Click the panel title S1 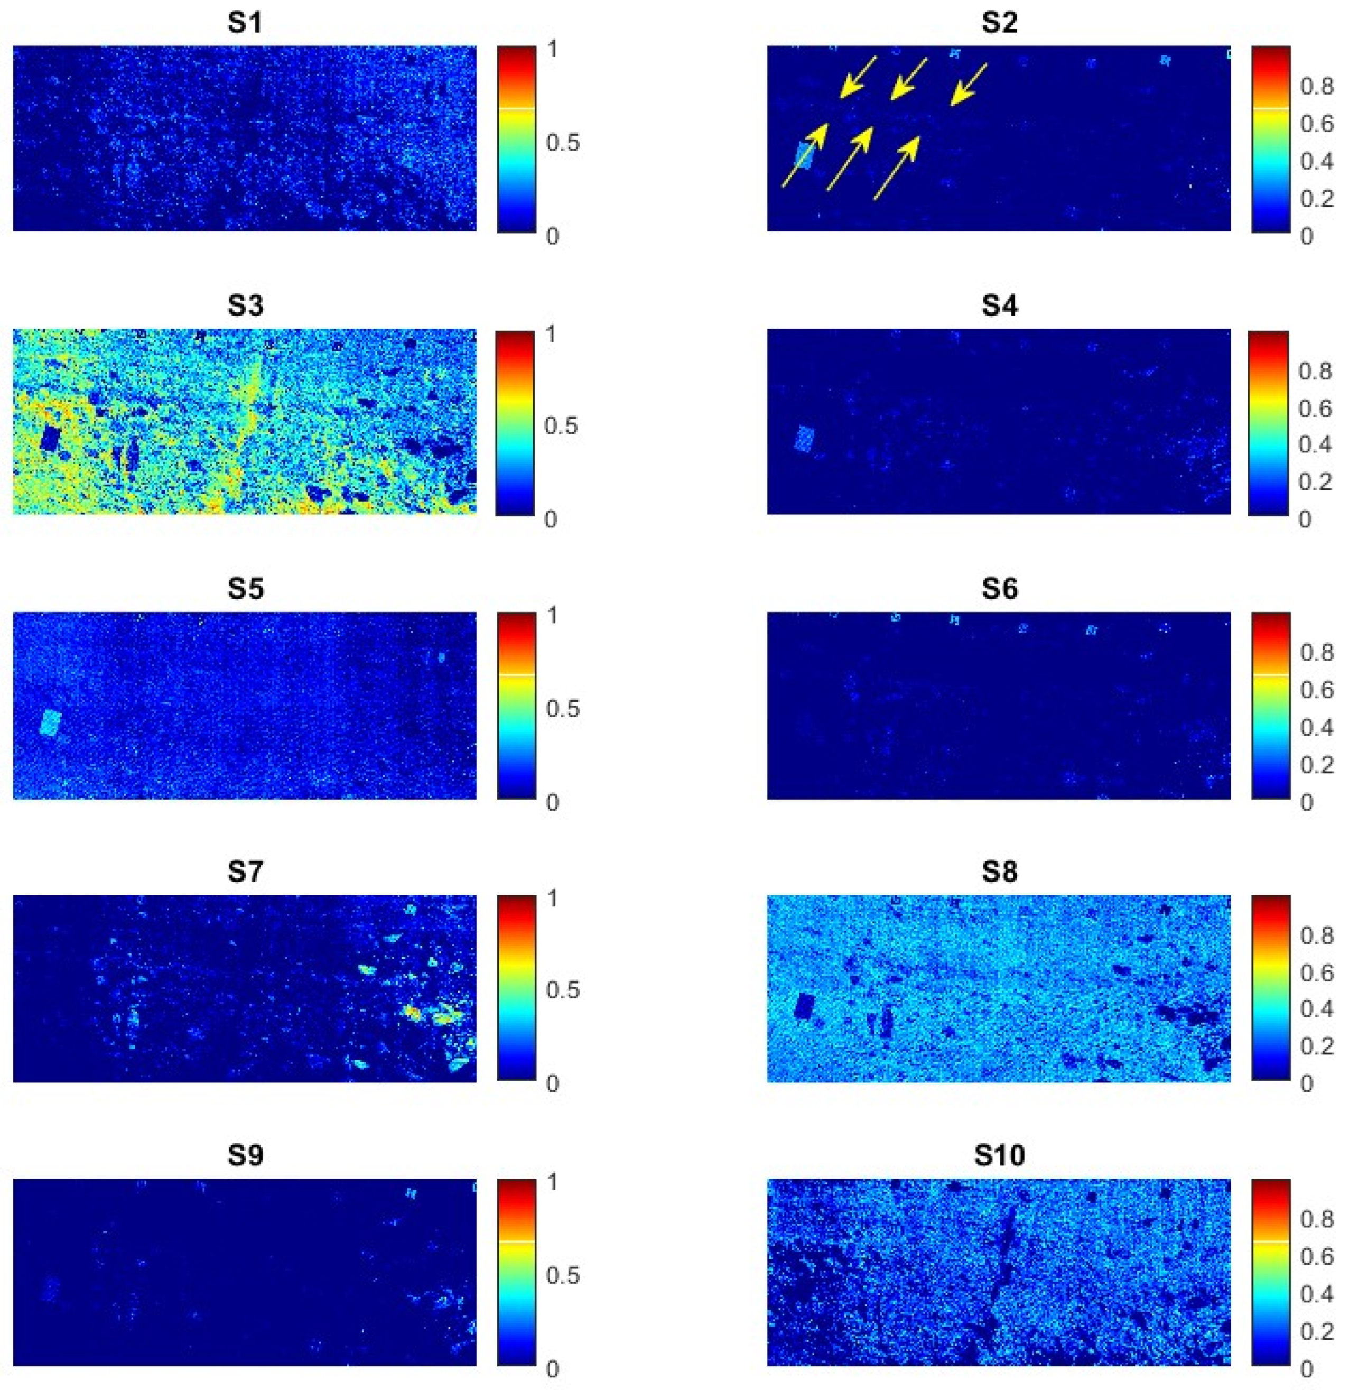tap(245, 23)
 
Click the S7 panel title tap(245, 872)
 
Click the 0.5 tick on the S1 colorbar tap(563, 143)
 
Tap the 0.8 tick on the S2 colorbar tap(1316, 87)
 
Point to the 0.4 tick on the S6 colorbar tap(1316, 727)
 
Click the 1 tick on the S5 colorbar tap(552, 615)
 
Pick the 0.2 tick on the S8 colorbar tap(1316, 1046)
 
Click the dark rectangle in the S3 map tap(50, 438)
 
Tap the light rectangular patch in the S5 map tap(50, 722)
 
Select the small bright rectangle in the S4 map tap(805, 438)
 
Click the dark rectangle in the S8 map tap(805, 1006)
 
